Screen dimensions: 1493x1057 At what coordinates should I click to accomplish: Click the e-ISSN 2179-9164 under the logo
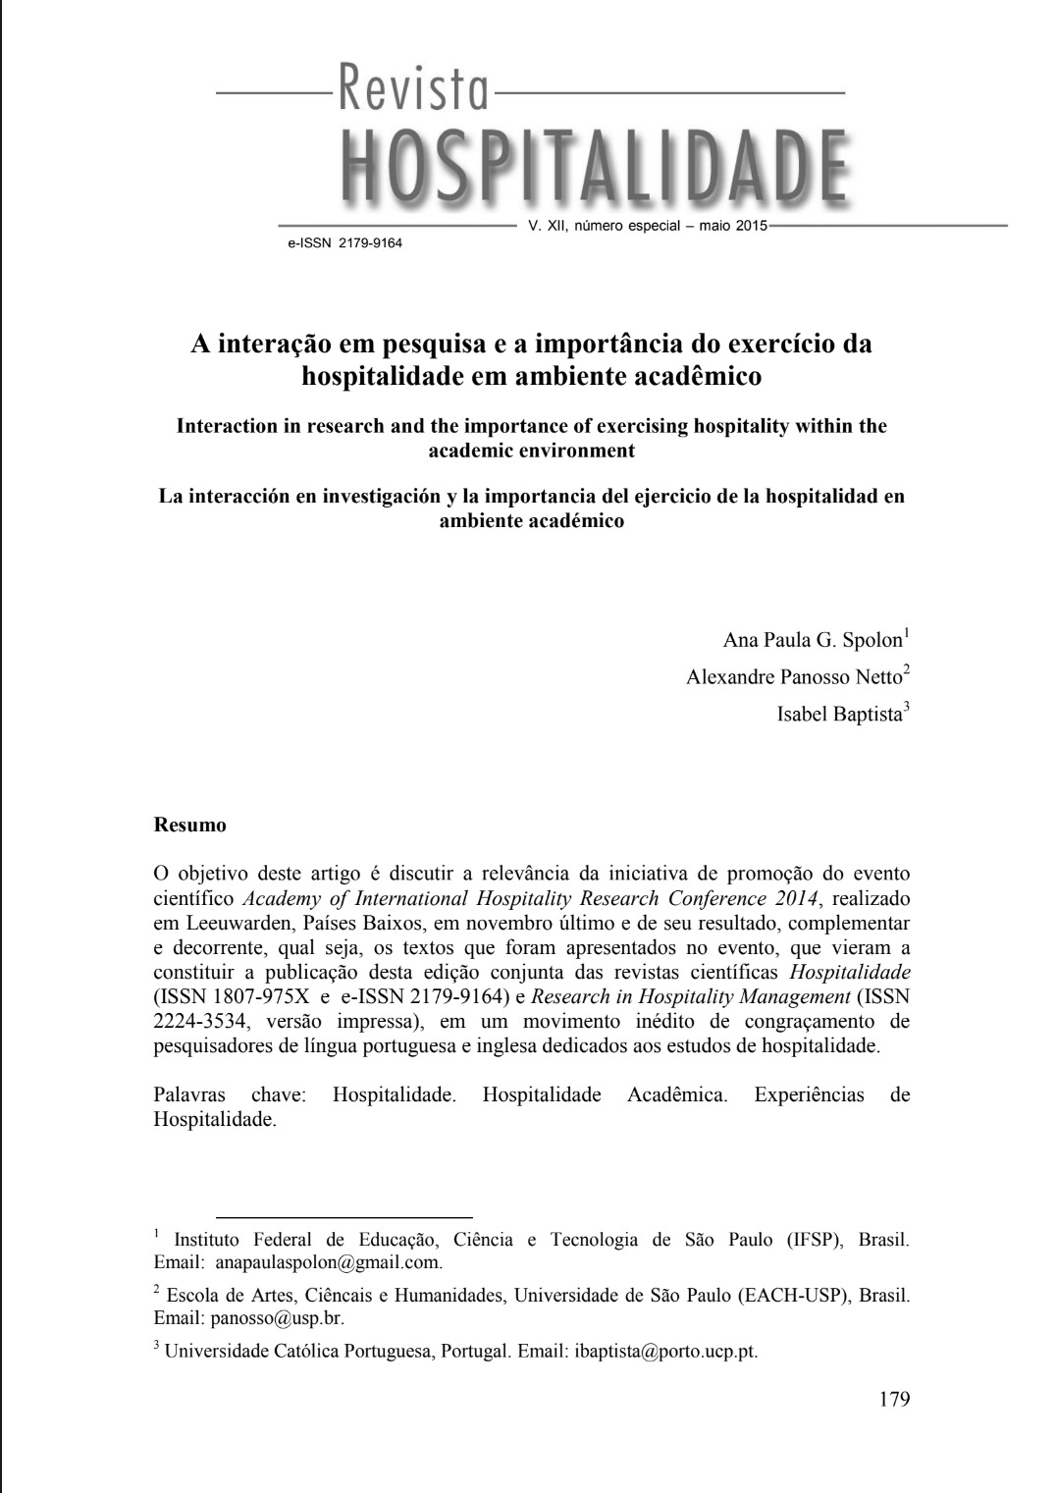point(344,242)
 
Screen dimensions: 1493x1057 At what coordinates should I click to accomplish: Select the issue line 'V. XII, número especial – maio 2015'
point(647,226)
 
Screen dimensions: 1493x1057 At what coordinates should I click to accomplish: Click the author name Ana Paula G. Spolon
point(812,641)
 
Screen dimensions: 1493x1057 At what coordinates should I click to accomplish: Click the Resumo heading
point(190,826)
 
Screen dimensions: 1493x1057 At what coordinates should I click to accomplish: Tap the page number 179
point(894,1399)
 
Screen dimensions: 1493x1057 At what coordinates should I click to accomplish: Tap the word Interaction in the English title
point(227,427)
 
